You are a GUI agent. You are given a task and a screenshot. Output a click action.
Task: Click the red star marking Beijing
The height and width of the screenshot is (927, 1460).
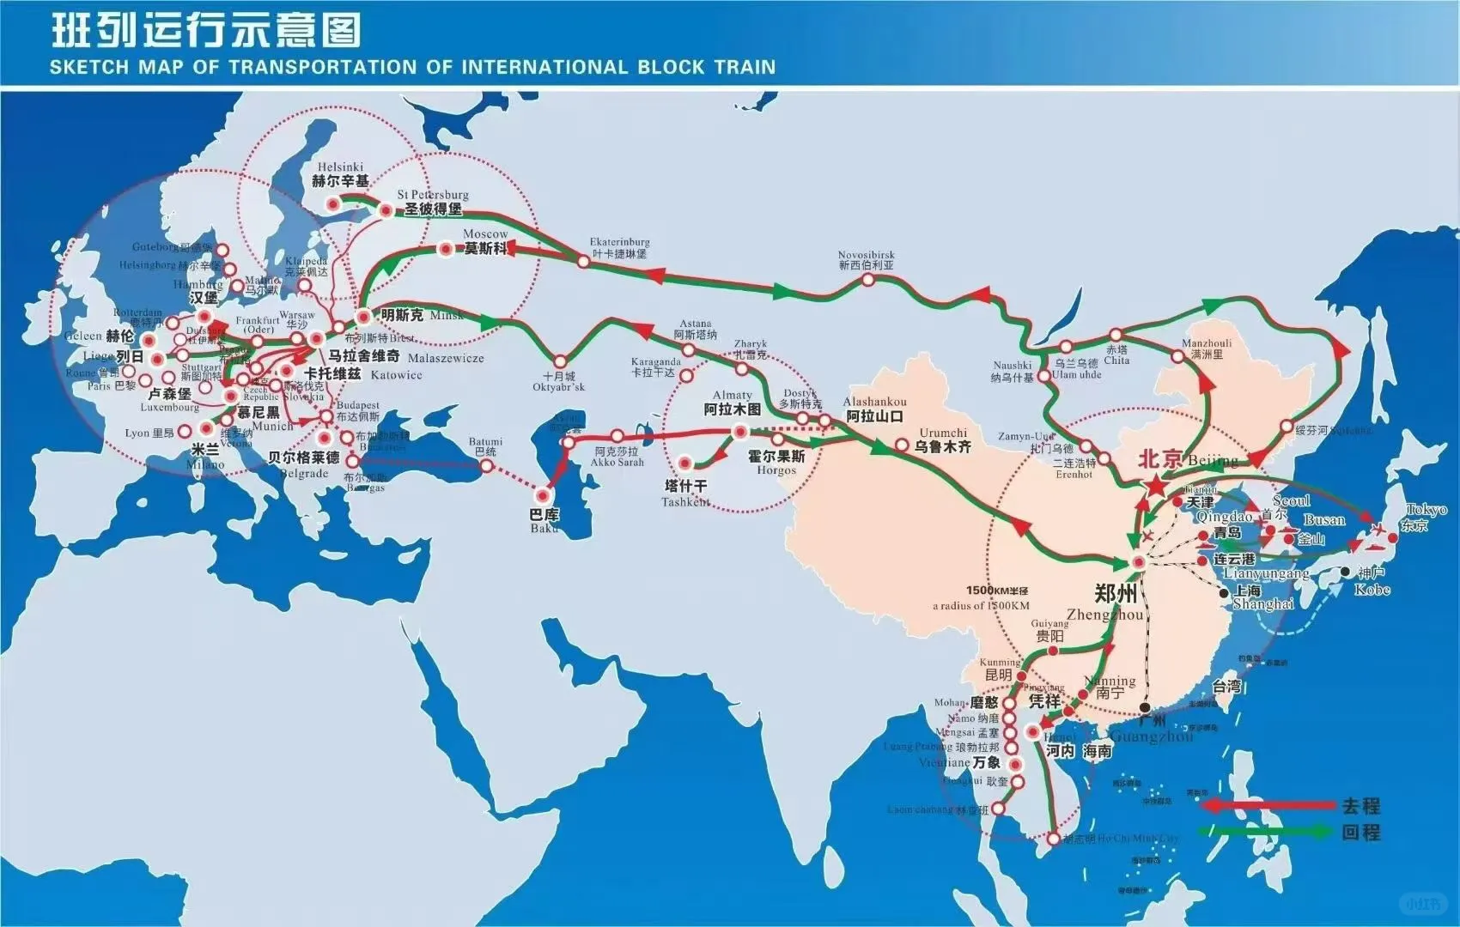tap(1155, 487)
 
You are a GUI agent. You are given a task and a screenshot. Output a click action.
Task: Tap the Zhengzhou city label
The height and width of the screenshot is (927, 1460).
tap(1116, 593)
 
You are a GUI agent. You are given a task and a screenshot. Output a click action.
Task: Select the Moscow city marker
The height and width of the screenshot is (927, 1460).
tap(447, 250)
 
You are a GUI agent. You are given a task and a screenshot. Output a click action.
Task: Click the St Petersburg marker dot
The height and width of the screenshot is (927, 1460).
tap(386, 209)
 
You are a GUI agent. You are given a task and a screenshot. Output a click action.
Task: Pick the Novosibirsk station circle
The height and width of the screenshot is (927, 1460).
tap(868, 279)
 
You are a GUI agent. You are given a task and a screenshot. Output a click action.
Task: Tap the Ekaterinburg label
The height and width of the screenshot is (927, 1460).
tap(619, 248)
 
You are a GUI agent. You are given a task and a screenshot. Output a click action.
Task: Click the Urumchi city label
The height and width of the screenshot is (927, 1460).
tap(943, 439)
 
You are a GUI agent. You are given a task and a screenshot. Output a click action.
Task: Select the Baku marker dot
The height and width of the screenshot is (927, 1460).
tap(542, 495)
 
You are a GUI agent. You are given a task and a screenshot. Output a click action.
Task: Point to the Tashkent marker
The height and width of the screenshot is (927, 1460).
tap(685, 463)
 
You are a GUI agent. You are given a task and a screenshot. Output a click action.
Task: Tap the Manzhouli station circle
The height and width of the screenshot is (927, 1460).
tap(1177, 355)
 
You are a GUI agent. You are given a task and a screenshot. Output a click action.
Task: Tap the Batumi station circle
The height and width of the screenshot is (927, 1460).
tap(487, 466)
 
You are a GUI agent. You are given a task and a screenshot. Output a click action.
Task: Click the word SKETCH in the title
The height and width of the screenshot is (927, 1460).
tap(88, 67)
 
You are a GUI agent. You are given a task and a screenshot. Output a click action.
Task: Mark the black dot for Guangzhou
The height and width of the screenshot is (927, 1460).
tap(1145, 707)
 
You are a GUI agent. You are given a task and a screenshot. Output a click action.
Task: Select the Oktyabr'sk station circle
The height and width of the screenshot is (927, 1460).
tap(561, 361)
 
